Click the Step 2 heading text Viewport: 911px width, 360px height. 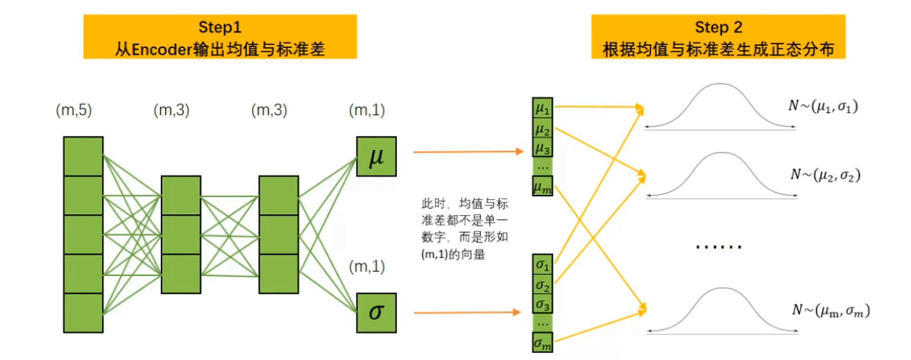coord(718,28)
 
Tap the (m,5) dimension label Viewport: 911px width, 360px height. coord(74,110)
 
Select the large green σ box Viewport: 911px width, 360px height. coord(375,312)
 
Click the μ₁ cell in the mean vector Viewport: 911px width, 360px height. coord(543,110)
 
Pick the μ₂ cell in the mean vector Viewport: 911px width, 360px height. coord(543,129)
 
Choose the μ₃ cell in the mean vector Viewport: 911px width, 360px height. coord(543,148)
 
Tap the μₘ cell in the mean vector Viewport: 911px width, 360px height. coord(543,186)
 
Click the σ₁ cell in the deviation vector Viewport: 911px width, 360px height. coord(543,266)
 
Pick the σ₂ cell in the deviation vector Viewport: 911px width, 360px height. coord(543,285)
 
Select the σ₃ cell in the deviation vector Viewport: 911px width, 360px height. coord(543,304)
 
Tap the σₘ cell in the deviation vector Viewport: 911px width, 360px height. coord(543,342)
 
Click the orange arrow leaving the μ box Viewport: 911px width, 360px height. coord(468,151)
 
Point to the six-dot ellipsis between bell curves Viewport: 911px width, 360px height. coord(718,246)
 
